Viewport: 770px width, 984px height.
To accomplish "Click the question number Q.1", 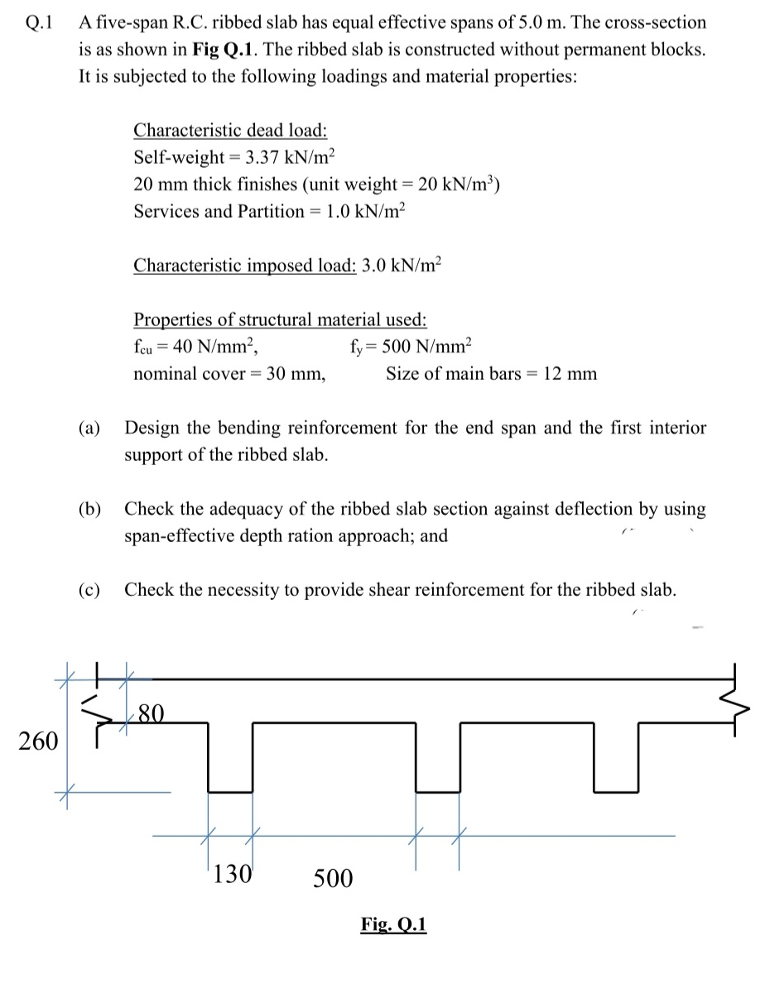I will coord(39,23).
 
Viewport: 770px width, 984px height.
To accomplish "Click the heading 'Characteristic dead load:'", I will coord(230,130).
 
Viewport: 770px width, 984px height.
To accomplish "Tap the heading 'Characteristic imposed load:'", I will coord(245,266).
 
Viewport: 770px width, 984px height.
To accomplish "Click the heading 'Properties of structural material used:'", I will coord(280,319).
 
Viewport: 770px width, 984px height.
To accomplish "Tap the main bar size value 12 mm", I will coord(568,374).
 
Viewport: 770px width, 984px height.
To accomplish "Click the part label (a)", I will coord(89,429).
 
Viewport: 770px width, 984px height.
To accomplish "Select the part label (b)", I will coord(89,509).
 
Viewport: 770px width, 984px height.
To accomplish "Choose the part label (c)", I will coord(89,590).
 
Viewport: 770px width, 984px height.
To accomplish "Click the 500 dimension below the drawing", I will coord(333,877).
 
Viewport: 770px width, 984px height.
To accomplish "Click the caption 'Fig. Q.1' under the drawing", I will coord(393,924).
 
